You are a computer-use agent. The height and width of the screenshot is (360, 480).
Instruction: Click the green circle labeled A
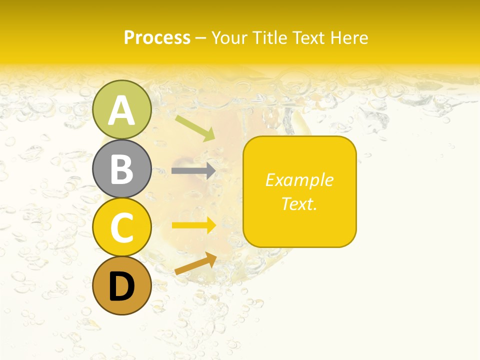pos(122,109)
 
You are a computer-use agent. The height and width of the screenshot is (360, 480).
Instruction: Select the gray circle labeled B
pos(122,168)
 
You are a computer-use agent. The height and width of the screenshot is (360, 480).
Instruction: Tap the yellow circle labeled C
pos(122,227)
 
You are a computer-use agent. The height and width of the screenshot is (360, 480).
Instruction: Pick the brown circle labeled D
pos(122,285)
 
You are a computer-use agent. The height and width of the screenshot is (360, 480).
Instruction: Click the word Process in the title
pos(157,37)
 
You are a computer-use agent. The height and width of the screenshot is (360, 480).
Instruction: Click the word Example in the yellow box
pos(299,180)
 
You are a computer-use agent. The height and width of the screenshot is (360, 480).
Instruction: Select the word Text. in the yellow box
pos(299,203)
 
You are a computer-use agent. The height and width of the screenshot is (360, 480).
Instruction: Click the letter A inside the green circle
pos(122,110)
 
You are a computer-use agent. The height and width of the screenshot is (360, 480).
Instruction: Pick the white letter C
pos(122,228)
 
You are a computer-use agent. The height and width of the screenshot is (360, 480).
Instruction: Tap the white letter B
pos(122,169)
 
